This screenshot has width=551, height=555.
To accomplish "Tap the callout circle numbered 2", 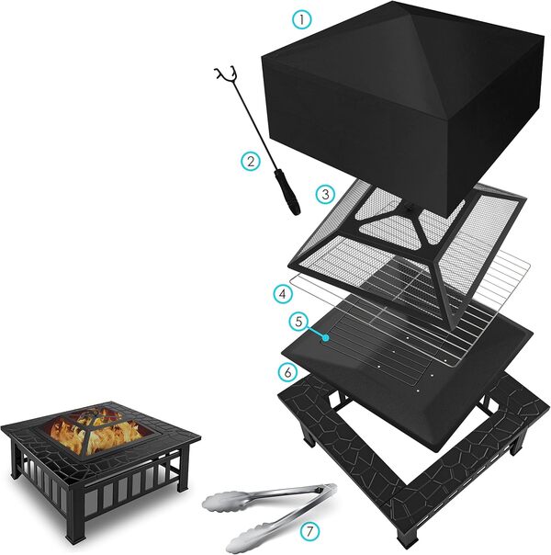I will click(251, 161).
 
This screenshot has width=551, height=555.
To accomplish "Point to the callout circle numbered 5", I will click(296, 323).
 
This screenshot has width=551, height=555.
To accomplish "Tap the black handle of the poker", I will click(291, 197).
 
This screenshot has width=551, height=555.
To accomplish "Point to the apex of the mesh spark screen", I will click(401, 210).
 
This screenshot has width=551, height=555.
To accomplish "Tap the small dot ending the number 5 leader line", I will click(326, 338).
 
